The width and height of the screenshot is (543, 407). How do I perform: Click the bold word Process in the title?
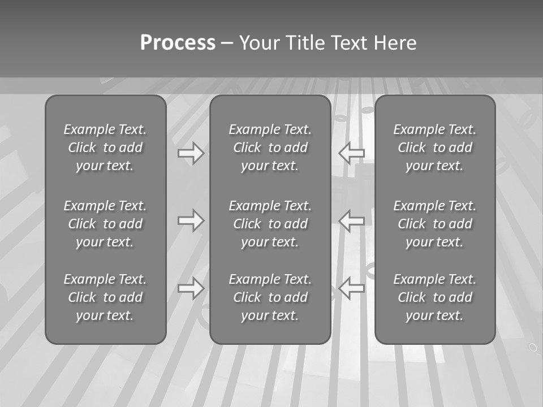tap(178, 43)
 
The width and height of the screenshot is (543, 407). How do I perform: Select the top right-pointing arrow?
tap(191, 153)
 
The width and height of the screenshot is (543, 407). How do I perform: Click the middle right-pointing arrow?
tap(191, 220)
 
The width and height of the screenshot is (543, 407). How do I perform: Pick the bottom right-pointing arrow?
tap(191, 288)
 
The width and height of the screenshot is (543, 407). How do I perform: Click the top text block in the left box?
tap(105, 148)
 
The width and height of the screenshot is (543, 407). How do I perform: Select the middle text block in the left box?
tap(105, 224)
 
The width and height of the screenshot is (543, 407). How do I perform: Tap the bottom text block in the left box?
tap(105, 297)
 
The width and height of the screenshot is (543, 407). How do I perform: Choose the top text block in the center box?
tap(270, 148)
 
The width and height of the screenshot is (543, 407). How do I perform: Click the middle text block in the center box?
tap(270, 224)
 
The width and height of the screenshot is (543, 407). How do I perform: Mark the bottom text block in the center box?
tap(270, 297)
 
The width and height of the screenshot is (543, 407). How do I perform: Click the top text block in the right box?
tap(434, 148)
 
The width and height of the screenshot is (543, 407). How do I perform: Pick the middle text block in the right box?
tap(434, 224)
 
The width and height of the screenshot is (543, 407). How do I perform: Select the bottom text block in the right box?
tap(434, 297)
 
